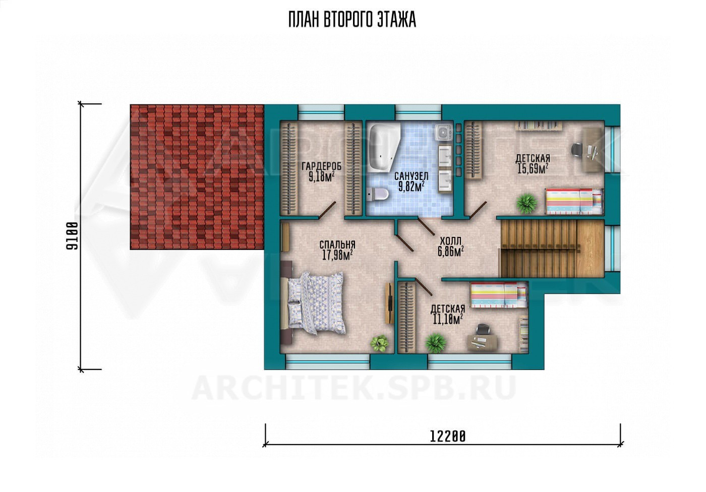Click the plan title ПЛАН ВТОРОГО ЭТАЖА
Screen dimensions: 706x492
[352, 20]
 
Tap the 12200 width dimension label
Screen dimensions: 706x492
[448, 437]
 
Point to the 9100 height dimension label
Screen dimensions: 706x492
[72, 236]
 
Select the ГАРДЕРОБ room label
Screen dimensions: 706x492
[321, 166]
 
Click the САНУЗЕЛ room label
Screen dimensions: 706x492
[411, 176]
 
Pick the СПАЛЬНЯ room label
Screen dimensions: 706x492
[337, 244]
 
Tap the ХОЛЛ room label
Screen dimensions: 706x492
[450, 241]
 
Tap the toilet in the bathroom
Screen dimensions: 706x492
[377, 194]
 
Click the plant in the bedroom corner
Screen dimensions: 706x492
[379, 343]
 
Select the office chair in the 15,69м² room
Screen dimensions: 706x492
[577, 149]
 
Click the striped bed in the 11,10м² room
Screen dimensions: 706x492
[499, 295]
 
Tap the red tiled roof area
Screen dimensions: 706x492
[197, 177]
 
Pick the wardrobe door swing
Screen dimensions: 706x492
[327, 210]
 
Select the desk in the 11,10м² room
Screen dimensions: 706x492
[482, 341]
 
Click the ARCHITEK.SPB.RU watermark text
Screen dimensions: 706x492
[354, 389]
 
